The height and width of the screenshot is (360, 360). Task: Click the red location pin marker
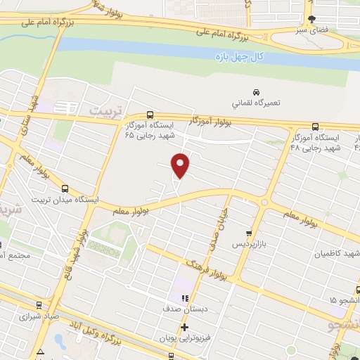pyautogui.click(x=181, y=165)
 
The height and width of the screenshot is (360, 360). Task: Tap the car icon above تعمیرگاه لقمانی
pyautogui.click(x=256, y=92)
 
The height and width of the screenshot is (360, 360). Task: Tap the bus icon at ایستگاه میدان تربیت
pyautogui.click(x=65, y=188)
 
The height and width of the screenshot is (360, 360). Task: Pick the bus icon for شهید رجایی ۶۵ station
pyautogui.click(x=149, y=115)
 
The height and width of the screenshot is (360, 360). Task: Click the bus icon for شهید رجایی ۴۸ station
pyautogui.click(x=314, y=120)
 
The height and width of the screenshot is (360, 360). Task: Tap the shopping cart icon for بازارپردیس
pyautogui.click(x=248, y=233)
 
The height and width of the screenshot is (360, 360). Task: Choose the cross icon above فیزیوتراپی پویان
pyautogui.click(x=185, y=327)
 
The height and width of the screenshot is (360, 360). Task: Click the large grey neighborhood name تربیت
pyautogui.click(x=109, y=110)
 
